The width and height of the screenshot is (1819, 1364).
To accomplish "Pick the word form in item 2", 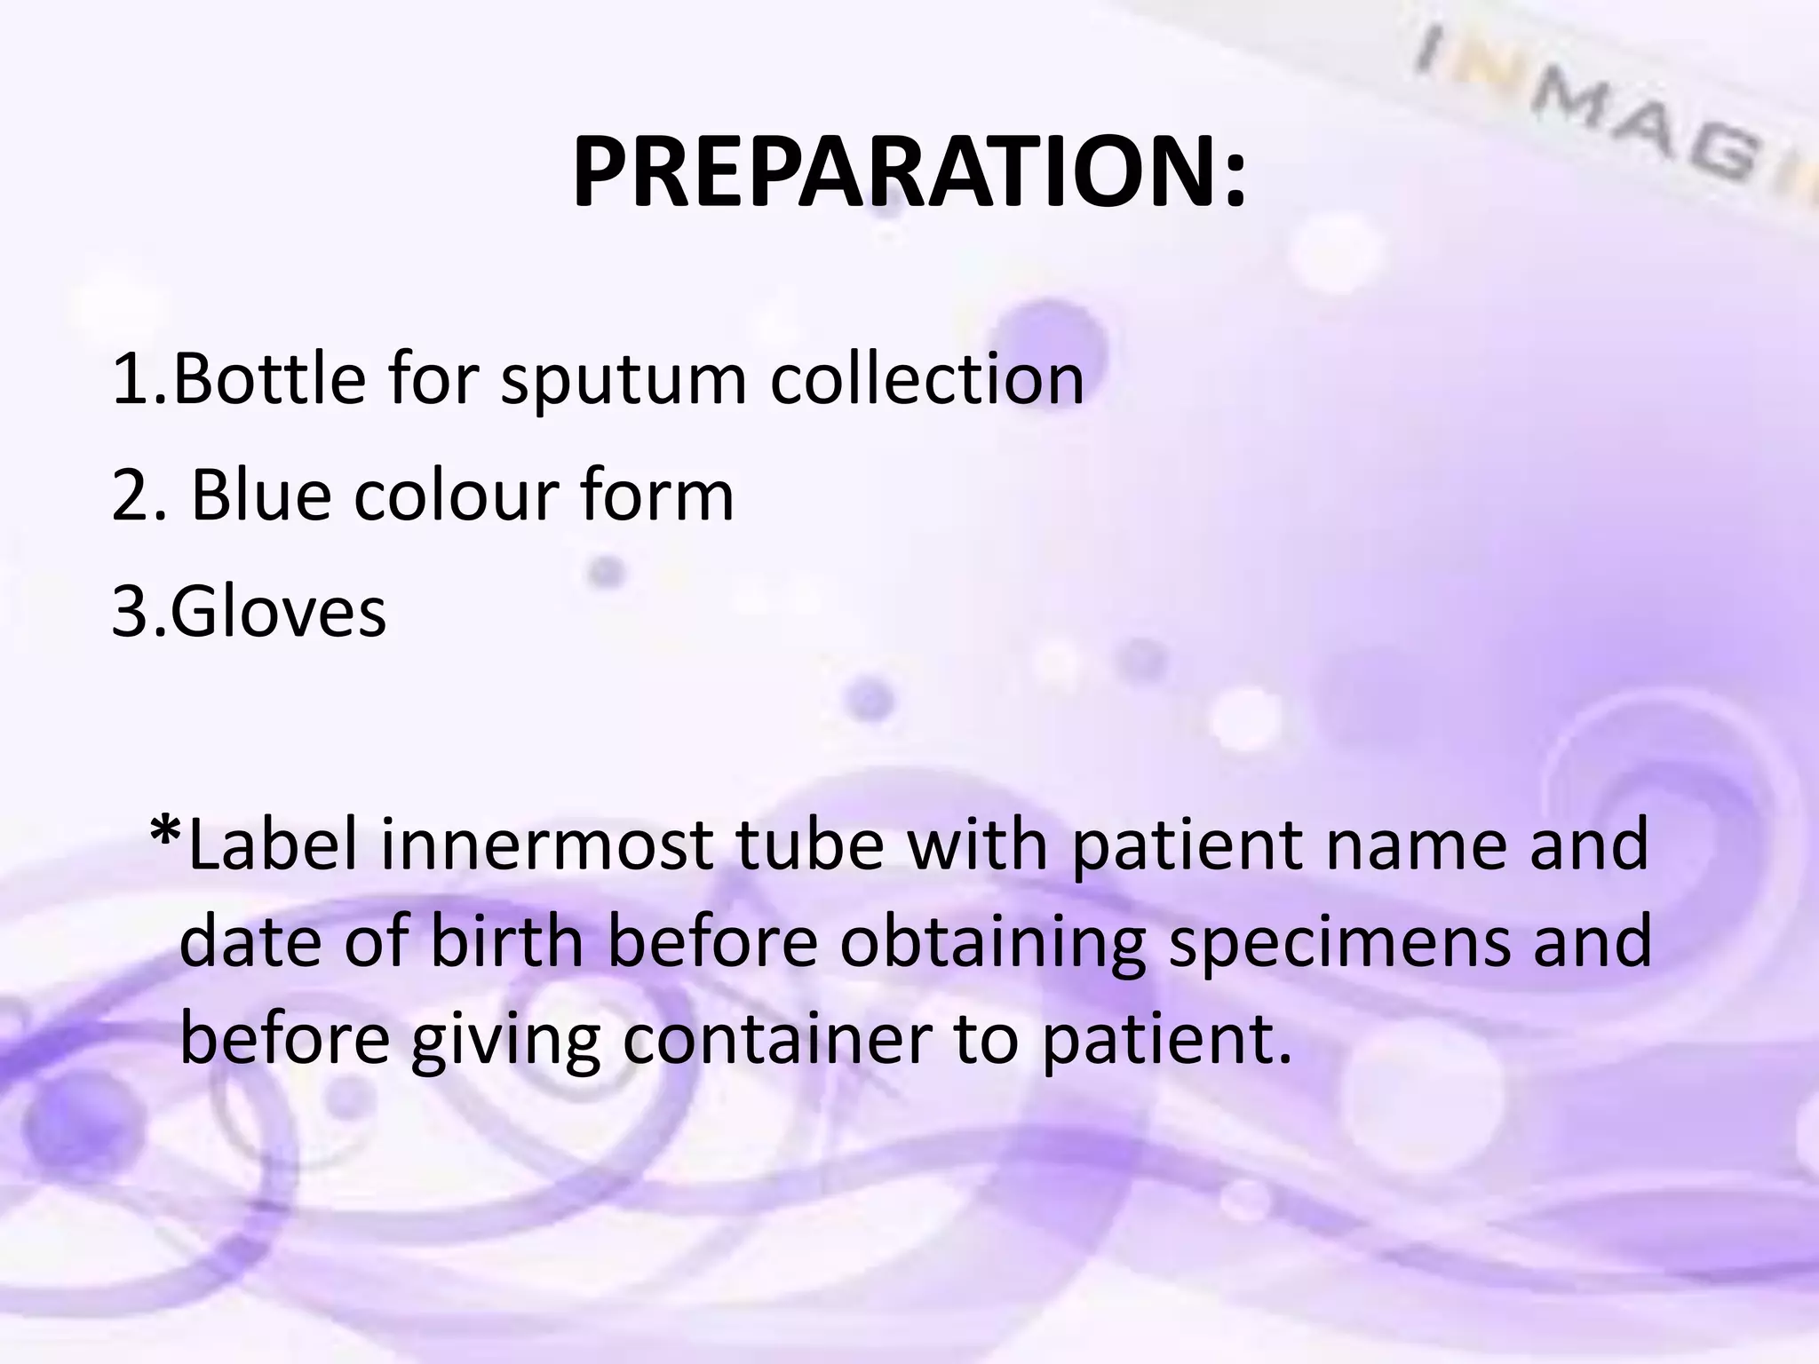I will (x=656, y=495).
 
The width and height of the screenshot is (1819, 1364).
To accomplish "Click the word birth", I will (x=506, y=941).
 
